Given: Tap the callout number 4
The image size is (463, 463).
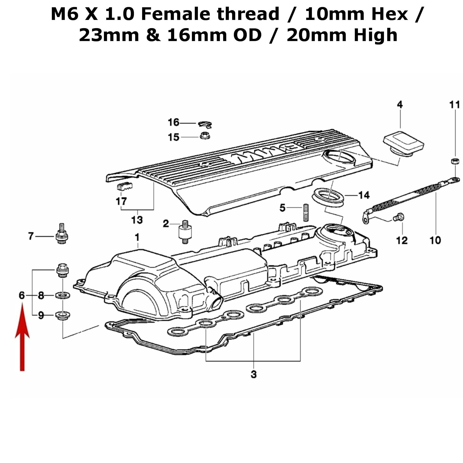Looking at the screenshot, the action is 400,104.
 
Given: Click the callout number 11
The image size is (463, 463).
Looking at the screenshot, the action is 454,104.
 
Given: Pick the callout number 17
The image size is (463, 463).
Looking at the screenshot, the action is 121,201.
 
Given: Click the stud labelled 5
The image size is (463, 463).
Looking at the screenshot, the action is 306,213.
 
